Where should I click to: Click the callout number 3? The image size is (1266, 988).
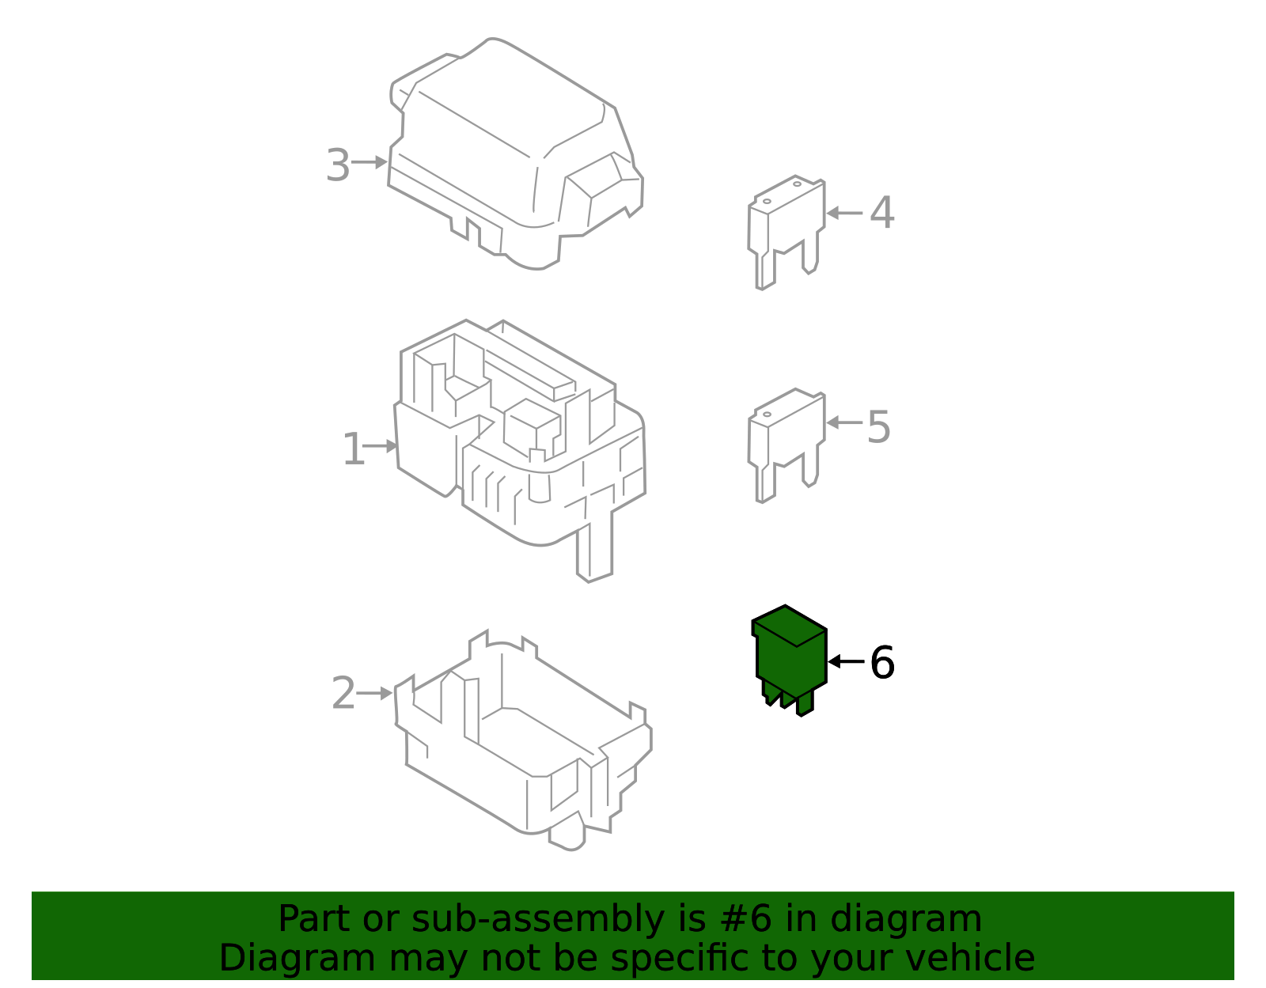tap(338, 166)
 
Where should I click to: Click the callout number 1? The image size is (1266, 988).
tap(353, 450)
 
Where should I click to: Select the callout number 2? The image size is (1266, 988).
tap(343, 693)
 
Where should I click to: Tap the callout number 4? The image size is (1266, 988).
tap(882, 214)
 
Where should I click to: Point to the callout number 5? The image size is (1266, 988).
tap(879, 427)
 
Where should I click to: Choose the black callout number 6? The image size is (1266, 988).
tap(882, 663)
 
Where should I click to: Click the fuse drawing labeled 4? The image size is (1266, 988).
tap(786, 229)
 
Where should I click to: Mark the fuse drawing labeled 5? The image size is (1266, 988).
tap(786, 443)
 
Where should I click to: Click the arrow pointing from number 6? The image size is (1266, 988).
tap(846, 661)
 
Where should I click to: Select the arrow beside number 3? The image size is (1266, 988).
tap(370, 162)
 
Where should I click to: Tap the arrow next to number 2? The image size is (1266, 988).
tap(374, 694)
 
